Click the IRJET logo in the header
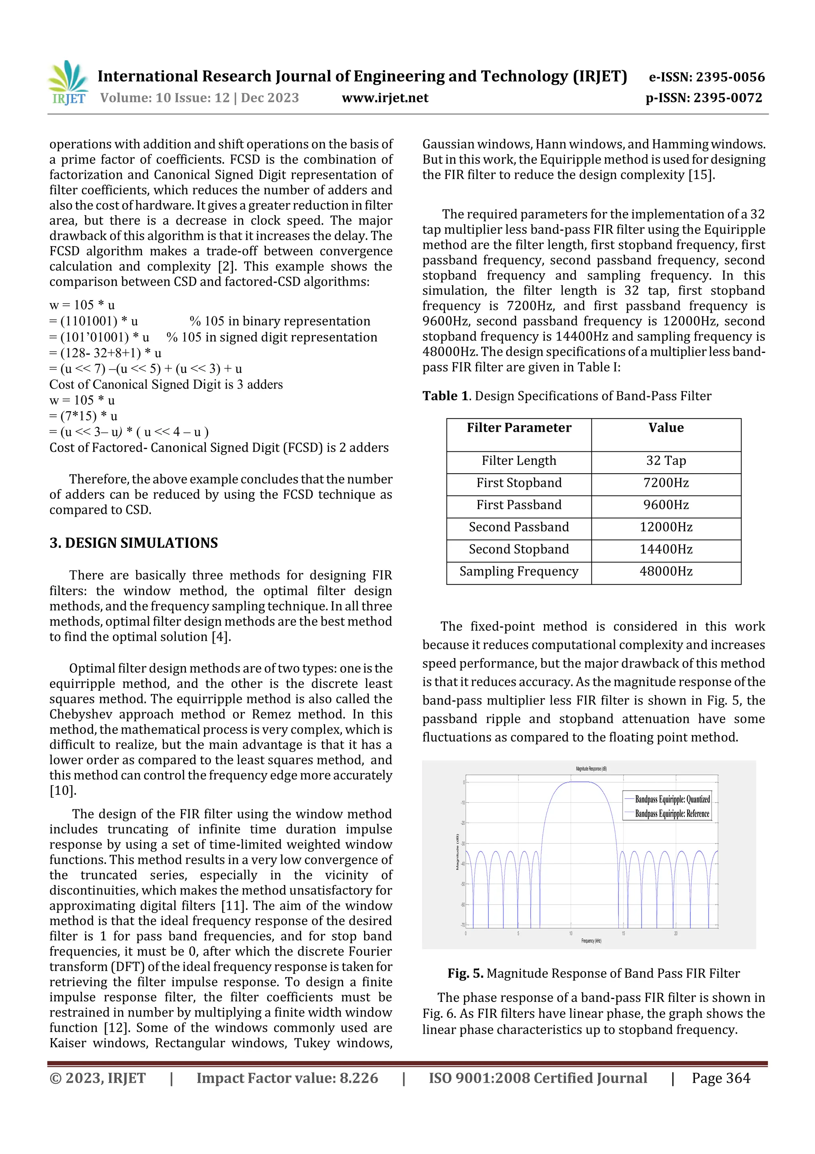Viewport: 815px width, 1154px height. coord(69,83)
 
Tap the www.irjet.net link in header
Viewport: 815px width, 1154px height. coord(385,98)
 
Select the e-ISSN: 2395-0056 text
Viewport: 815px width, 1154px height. coord(706,77)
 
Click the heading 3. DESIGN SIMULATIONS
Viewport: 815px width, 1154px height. coord(134,543)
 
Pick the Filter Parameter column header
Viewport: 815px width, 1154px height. coord(519,428)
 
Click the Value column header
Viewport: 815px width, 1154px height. coord(666,428)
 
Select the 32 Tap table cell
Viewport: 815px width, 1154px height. coord(666,461)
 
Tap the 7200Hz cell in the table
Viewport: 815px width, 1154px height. coord(666,483)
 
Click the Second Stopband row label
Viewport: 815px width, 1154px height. coord(519,549)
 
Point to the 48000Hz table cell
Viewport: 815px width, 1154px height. coord(666,572)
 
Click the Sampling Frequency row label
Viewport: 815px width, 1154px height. coord(519,572)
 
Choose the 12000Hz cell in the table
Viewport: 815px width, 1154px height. coord(666,527)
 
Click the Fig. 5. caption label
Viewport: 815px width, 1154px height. coord(465,974)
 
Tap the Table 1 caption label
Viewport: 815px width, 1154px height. coord(446,396)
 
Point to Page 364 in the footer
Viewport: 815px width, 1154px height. coord(721,1078)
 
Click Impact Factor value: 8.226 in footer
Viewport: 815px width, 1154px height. coord(287,1078)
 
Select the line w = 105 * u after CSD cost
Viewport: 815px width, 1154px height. coord(82,401)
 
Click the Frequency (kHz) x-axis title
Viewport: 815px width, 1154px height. coord(591,941)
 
